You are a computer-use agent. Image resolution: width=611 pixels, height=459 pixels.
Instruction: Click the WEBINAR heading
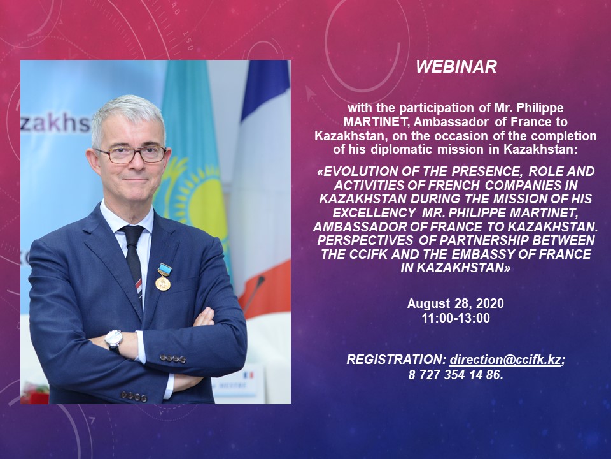(456, 67)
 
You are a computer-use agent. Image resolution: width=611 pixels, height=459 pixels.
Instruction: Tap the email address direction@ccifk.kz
(505, 360)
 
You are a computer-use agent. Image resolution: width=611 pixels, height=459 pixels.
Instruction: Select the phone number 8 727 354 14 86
(454, 375)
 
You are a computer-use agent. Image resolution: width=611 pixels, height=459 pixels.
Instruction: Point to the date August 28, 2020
(456, 303)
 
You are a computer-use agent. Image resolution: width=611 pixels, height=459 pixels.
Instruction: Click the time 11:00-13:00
(456, 318)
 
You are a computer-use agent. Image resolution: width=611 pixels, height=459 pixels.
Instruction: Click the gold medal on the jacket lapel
(164, 277)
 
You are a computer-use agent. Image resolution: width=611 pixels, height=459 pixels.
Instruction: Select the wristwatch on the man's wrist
(114, 340)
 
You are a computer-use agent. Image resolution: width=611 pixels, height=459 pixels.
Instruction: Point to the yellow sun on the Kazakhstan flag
(199, 199)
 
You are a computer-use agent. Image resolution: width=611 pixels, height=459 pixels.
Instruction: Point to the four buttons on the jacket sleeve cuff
(172, 358)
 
